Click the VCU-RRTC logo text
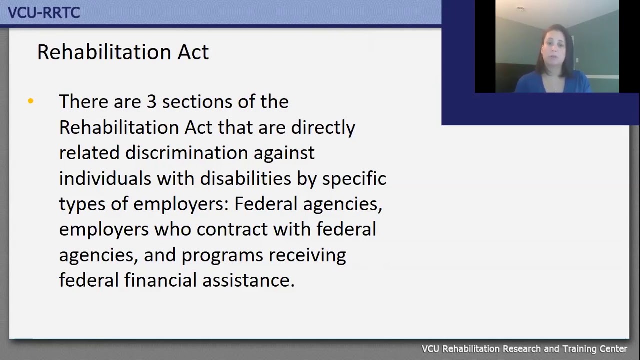[x=44, y=12]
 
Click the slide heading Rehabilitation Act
[x=123, y=52]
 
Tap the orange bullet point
[x=31, y=101]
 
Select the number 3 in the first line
[x=151, y=102]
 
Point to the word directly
[x=323, y=128]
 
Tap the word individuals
[x=105, y=178]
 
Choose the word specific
[x=354, y=179]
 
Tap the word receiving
[x=307, y=255]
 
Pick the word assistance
[x=248, y=280]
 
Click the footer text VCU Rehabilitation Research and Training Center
[x=524, y=349]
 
